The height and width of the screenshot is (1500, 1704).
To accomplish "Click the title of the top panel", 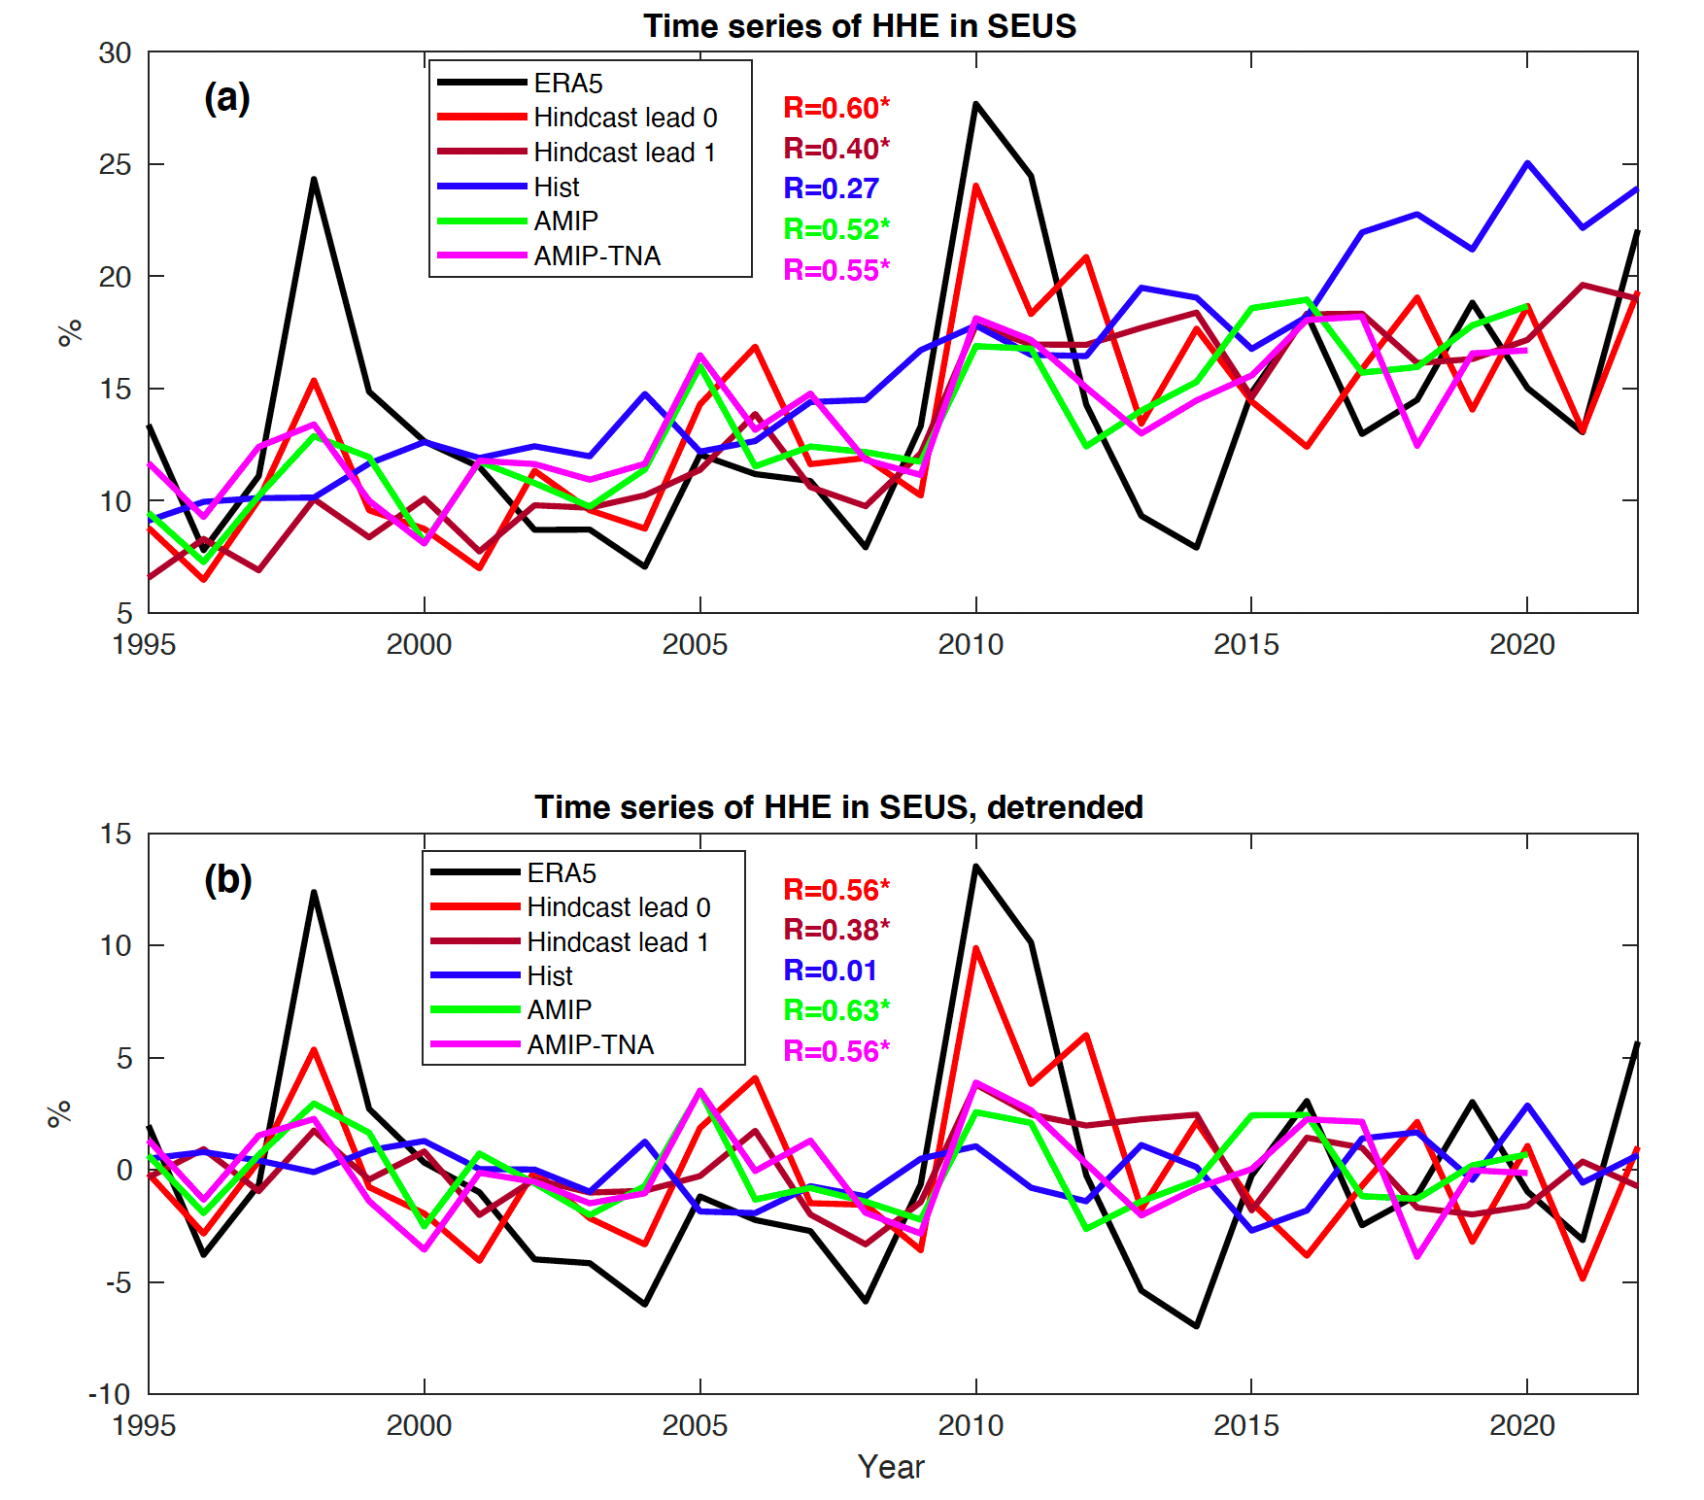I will point(859,26).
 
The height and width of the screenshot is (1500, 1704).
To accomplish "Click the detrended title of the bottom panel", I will point(838,807).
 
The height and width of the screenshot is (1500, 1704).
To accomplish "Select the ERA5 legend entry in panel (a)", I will point(567,84).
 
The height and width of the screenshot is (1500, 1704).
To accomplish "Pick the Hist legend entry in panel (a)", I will point(556,187).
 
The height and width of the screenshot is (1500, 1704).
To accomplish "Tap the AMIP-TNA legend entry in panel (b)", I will point(590,1045).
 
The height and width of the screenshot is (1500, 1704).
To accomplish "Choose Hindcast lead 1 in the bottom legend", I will point(617,942).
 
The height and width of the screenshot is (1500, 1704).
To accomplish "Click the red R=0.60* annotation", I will point(836,108).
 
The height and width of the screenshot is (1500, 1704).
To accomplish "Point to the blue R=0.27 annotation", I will point(831,188).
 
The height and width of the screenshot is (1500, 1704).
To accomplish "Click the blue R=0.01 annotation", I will point(830,971).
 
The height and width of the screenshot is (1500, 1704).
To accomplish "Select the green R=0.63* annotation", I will point(836,1011).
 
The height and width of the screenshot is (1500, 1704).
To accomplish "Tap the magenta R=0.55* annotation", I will point(836,270).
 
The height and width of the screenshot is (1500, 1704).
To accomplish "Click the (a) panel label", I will point(227,98).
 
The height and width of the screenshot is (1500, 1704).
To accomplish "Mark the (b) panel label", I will point(227,879).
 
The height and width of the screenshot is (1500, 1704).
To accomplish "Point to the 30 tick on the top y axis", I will point(115,53).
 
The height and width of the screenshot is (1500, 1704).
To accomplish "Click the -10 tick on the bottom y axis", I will point(110,1395).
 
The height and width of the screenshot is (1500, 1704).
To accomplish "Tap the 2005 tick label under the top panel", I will point(695,644).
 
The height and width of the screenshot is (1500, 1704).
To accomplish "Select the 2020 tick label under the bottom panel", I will point(1522,1425).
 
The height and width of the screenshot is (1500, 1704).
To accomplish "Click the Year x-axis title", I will point(891,1467).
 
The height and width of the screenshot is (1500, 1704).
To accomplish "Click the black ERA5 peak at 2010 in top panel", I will point(975,104).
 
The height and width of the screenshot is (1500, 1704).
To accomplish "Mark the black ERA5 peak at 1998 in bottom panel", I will point(314,892).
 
